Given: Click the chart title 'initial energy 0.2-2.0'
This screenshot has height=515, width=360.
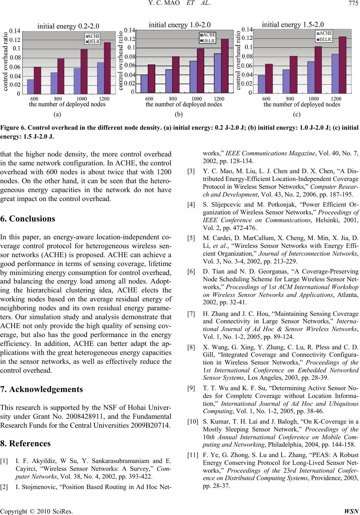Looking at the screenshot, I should (x=68, y=26).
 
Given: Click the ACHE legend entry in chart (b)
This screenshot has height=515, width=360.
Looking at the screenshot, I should (x=208, y=35).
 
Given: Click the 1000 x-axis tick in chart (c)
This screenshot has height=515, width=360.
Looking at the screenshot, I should (x=314, y=99).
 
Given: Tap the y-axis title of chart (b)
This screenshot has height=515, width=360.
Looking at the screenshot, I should (x=121, y=61).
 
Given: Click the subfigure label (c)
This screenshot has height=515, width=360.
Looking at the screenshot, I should (x=296, y=114).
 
